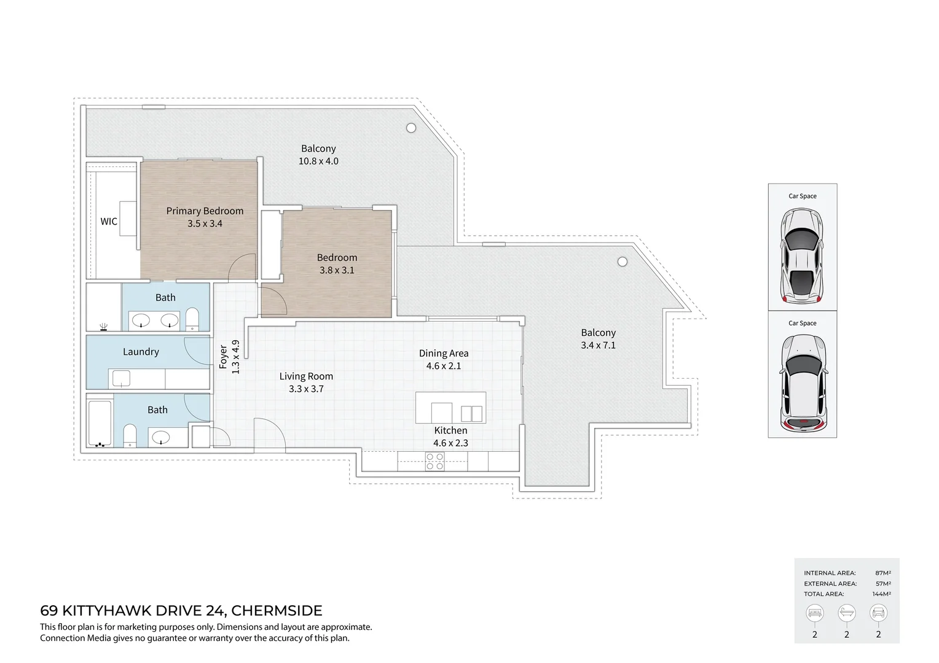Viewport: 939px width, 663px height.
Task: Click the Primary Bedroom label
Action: click(x=205, y=211)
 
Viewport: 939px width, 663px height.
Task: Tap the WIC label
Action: click(x=109, y=222)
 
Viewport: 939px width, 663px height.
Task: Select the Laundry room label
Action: click(x=141, y=352)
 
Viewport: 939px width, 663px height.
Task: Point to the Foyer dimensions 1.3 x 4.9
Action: click(x=235, y=357)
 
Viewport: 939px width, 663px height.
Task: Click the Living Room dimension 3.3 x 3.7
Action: click(x=306, y=389)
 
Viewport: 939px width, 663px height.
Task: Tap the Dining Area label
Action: click(x=443, y=353)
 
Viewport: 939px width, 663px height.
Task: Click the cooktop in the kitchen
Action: click(x=435, y=462)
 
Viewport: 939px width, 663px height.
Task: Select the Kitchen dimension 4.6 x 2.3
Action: click(x=450, y=443)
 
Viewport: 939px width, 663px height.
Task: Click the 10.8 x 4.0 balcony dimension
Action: click(x=318, y=161)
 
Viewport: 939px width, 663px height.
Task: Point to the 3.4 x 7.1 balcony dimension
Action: click(x=598, y=345)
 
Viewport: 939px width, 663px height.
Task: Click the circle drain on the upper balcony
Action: click(x=411, y=128)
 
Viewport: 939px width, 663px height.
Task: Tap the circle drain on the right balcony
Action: click(x=623, y=262)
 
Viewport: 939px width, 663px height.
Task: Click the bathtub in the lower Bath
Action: click(x=100, y=423)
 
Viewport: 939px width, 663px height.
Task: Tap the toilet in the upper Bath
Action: click(x=192, y=319)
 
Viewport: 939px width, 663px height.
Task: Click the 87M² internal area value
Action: click(x=882, y=573)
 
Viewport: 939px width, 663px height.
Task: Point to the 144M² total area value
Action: click(x=881, y=594)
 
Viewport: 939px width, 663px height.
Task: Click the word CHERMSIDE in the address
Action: click(x=277, y=611)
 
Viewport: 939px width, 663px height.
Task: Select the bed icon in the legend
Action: click(x=815, y=613)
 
